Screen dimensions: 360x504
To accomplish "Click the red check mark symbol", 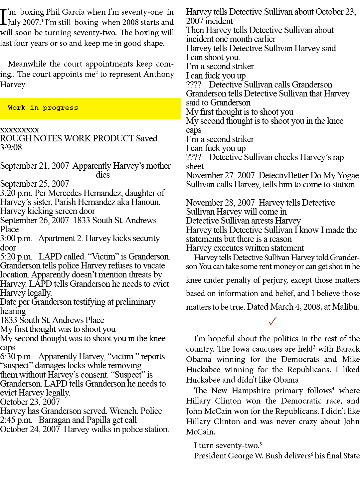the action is [272, 321].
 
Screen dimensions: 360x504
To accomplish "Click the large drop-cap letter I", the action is [3, 17].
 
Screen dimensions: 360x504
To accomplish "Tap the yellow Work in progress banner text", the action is [43, 108].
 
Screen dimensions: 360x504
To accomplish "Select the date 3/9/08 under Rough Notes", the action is [11, 147].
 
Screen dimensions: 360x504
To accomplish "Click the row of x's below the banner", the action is [20, 130].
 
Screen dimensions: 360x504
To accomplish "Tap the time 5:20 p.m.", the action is [16, 257].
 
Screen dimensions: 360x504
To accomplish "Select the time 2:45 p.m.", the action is [16, 420].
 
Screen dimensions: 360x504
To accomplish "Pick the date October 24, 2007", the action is [30, 429].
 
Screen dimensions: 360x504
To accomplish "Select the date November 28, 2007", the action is [220, 203].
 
